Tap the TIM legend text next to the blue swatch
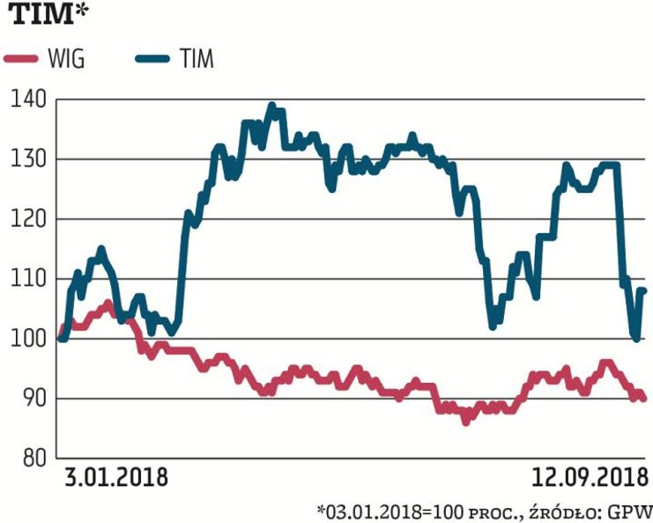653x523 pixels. [195, 60]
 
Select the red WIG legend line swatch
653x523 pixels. [21, 60]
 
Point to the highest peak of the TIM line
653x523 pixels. [271, 105]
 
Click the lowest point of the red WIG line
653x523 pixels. [465, 421]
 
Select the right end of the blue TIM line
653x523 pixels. [644, 289]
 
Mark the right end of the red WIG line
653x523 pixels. [644, 399]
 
